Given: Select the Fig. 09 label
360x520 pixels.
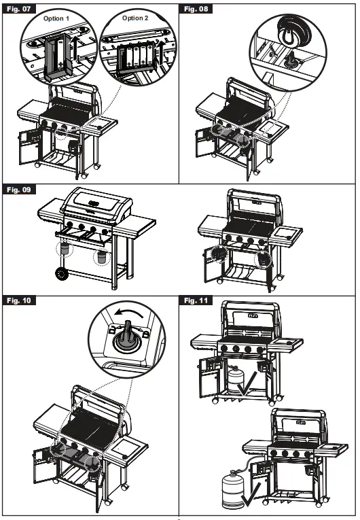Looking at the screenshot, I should (16, 190).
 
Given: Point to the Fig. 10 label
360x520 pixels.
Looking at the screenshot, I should (16, 300).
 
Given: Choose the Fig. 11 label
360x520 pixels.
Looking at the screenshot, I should (196, 300).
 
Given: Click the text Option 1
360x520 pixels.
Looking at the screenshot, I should (57, 18).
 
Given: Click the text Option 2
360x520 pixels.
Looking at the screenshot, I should (135, 18).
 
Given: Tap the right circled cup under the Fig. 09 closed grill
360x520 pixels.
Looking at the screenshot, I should (101, 257).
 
